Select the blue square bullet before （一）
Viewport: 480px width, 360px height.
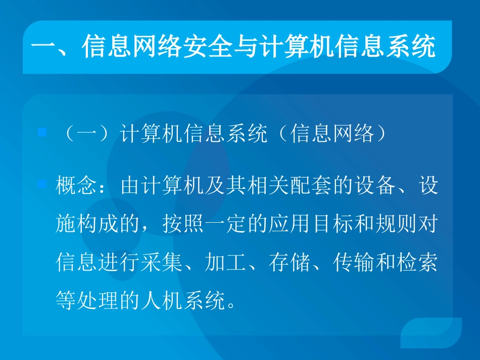(x=42, y=133)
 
